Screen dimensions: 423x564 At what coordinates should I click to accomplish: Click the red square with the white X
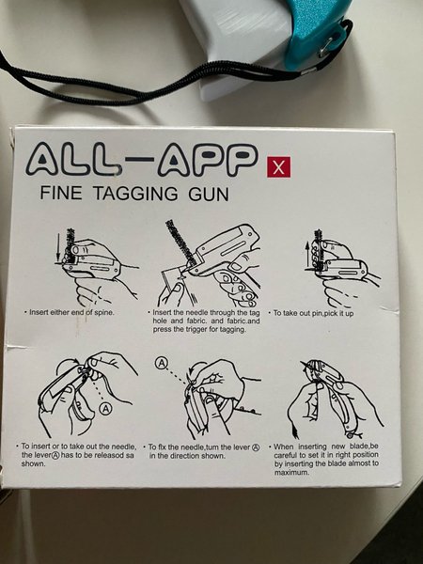278,167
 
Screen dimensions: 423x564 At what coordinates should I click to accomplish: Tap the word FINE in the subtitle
61,193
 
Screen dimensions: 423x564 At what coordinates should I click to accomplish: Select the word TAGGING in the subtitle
135,194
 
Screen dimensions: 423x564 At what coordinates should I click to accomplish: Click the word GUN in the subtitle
209,195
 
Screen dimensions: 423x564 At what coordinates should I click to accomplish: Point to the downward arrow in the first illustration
57,248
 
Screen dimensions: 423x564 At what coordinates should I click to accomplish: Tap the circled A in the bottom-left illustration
105,408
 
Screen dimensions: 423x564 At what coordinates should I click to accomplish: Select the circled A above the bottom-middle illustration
161,363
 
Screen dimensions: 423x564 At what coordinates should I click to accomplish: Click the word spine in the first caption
103,313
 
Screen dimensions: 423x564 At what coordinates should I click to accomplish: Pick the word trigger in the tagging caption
197,330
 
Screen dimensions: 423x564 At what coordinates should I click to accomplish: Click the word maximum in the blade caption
291,472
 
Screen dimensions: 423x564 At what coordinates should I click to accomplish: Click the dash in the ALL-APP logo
139,160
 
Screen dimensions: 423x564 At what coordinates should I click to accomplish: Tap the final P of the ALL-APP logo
239,160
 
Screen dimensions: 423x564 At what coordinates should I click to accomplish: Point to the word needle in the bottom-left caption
125,446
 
